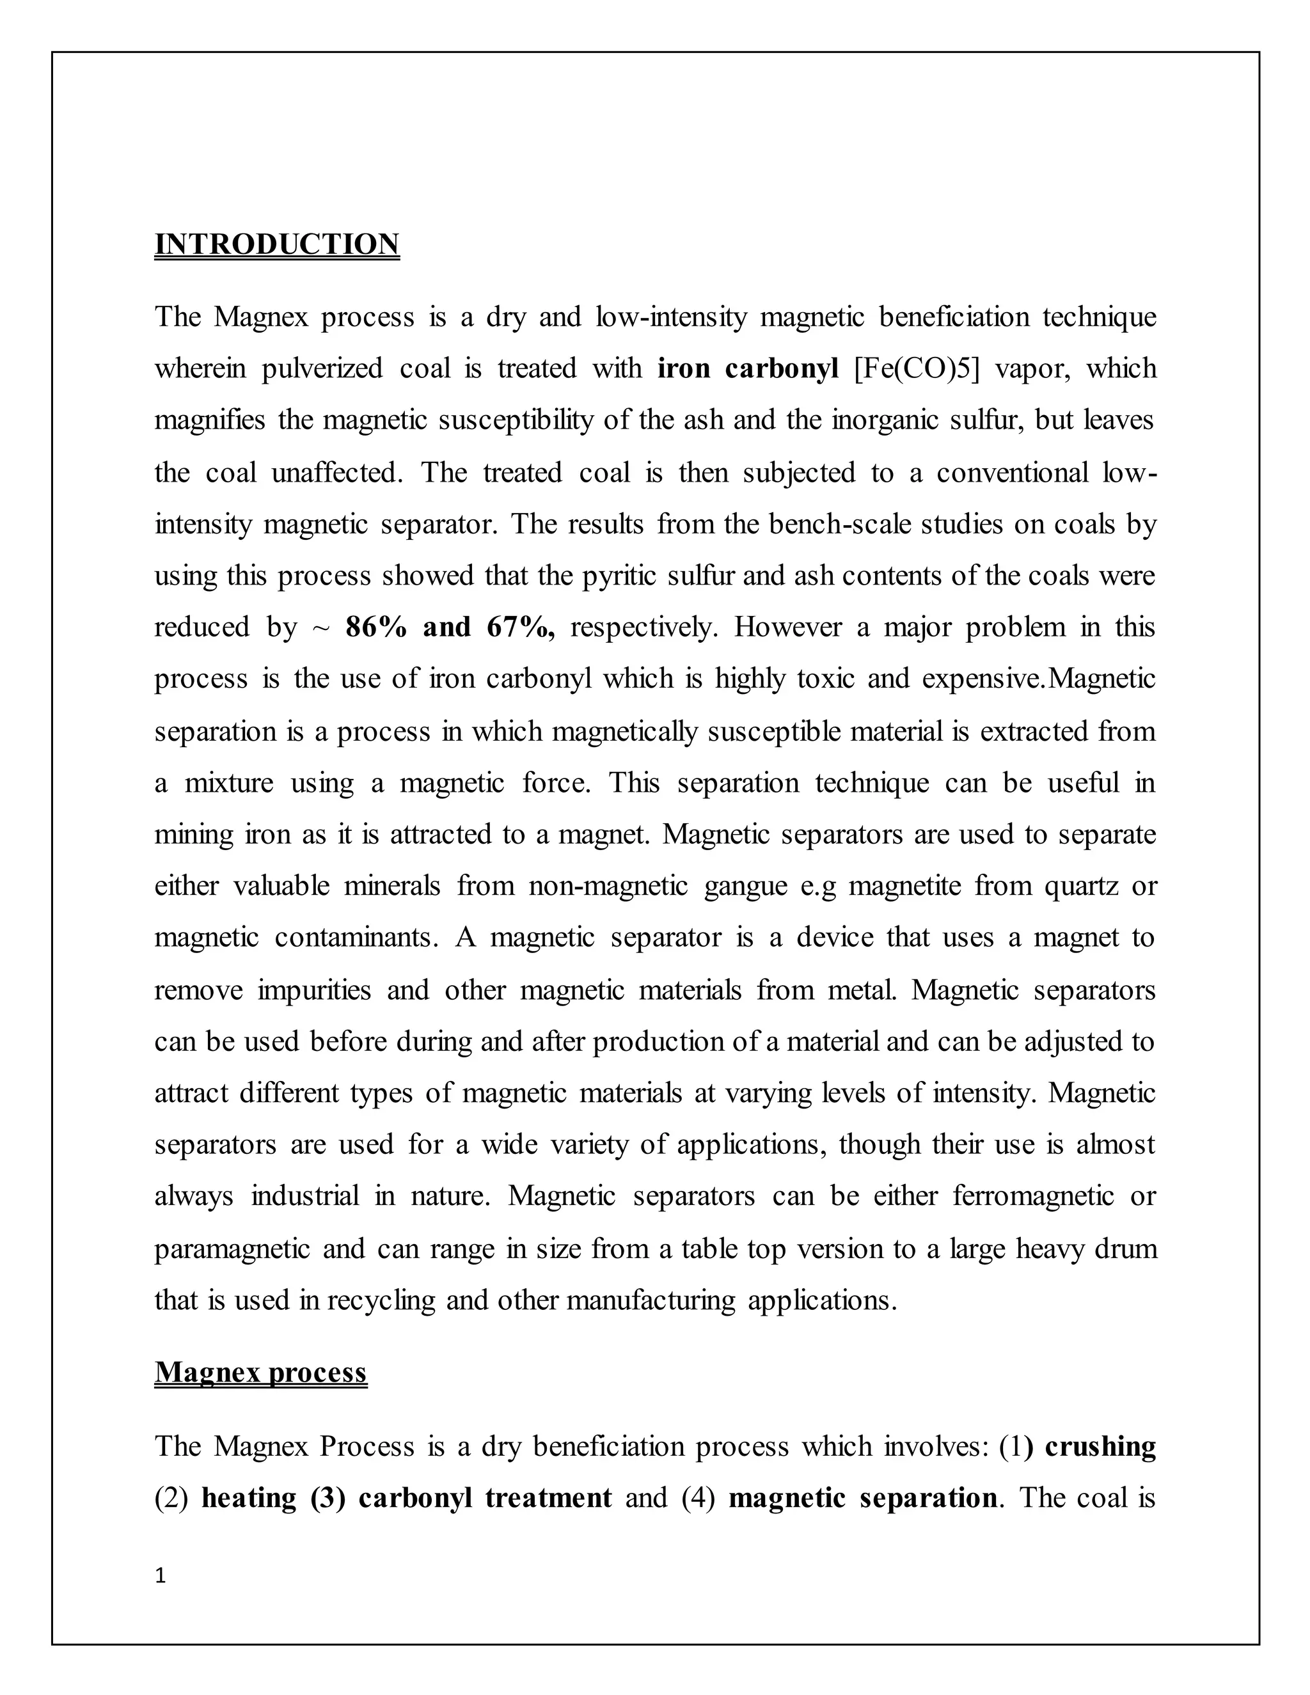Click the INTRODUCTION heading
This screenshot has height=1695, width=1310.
tap(276, 244)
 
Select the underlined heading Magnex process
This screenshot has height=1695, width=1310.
tap(261, 1372)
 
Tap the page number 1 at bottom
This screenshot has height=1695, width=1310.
tap(161, 1575)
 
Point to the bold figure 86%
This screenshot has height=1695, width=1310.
tap(376, 627)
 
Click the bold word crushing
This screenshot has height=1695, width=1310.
tap(1100, 1447)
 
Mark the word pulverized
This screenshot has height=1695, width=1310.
tap(321, 368)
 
